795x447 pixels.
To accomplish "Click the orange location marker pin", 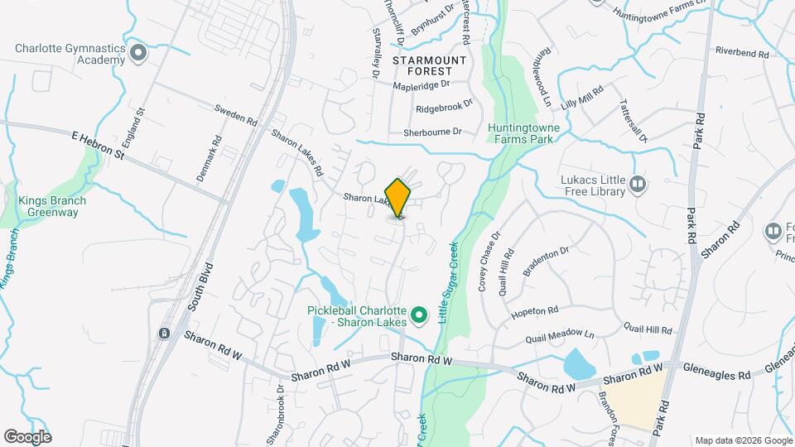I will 398,198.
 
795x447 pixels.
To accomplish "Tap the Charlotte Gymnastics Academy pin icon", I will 138,54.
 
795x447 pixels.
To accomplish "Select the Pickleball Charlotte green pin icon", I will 420,315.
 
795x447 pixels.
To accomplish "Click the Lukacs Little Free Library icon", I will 638,183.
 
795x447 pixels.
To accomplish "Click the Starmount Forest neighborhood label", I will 429,66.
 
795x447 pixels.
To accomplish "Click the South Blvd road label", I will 199,286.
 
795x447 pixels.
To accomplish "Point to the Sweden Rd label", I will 236,114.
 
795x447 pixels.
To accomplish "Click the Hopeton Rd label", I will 535,311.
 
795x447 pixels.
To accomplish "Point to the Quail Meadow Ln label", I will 561,337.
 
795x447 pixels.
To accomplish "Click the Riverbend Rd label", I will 742,52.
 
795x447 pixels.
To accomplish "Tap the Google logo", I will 27,436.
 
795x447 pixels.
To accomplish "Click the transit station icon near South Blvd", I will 165,334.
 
